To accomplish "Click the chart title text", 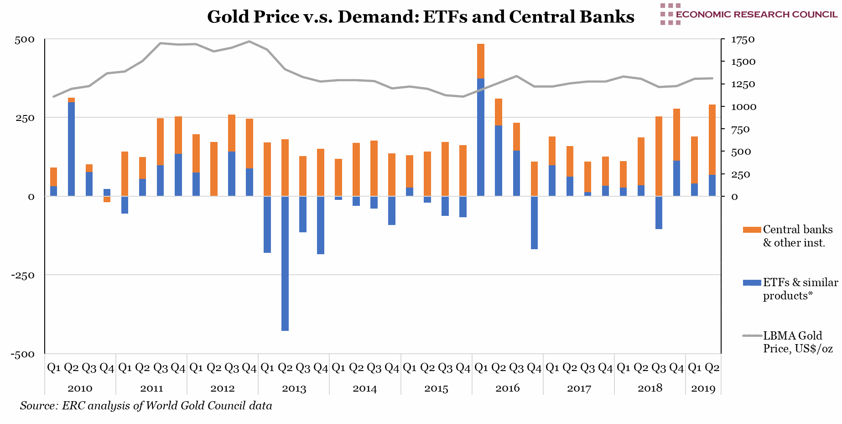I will [421, 17].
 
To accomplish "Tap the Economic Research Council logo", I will [748, 14].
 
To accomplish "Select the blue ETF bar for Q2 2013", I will [285, 263].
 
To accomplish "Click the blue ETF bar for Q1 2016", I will [481, 137].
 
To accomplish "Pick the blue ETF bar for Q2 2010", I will [72, 149].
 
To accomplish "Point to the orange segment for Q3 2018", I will [659, 156].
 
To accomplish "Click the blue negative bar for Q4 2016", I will [534, 223].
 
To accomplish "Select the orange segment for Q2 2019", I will [712, 140].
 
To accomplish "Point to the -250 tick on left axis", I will [24, 275].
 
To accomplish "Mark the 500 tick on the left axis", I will [25, 40].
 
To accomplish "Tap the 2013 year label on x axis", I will [294, 388].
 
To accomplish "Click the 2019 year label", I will [703, 388].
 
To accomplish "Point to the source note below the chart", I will [146, 406].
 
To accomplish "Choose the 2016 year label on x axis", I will [507, 388].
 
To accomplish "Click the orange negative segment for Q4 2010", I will [107, 199].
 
